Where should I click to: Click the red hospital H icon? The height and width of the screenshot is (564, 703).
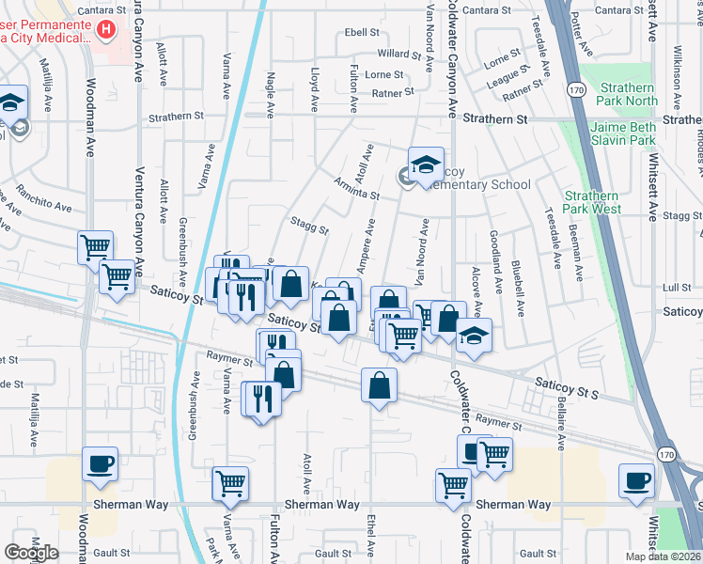coord(106,30)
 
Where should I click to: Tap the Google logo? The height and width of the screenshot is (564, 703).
coord(32,553)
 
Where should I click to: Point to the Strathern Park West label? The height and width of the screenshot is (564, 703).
coord(592,201)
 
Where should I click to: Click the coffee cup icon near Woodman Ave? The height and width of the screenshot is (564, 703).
coord(101,462)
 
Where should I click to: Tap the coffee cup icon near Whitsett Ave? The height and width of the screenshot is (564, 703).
coord(636,479)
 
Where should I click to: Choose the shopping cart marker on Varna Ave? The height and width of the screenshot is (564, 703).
coord(230,483)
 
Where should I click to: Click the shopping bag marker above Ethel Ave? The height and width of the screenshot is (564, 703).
coord(378,384)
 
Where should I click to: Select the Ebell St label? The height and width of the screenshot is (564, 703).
coord(361,32)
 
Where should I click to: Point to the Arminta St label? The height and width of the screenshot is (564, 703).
coord(355,190)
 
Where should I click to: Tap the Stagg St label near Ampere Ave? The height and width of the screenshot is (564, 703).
coord(309,227)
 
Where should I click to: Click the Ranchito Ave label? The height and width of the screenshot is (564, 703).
coord(45,205)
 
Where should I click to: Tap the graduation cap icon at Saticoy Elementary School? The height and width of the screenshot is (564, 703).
coord(426,163)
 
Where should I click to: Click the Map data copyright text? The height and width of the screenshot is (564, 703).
coord(664,556)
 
